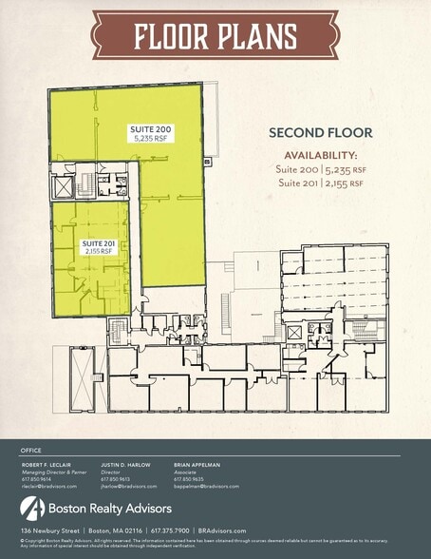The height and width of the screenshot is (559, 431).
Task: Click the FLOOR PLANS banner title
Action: (215, 36)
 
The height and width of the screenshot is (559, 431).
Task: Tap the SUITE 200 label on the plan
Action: (146, 127)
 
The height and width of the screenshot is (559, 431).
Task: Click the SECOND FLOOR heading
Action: (320, 133)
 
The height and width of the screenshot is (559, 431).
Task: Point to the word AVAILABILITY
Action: (321, 156)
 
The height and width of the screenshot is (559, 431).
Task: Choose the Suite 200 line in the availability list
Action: (321, 169)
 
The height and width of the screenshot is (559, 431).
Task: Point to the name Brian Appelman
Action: (197, 465)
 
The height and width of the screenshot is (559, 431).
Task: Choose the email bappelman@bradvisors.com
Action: (206, 486)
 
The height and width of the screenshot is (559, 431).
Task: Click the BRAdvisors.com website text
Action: (222, 530)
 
